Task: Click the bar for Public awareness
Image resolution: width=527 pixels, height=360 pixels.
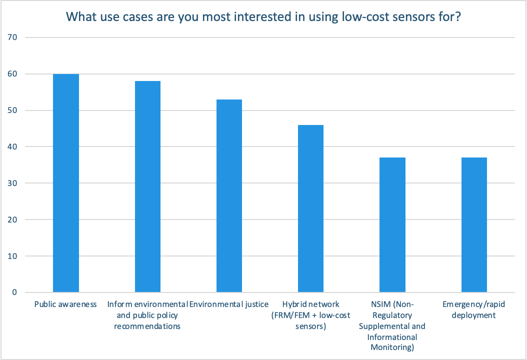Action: (66, 183)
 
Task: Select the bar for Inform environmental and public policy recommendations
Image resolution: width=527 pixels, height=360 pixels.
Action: (147, 186)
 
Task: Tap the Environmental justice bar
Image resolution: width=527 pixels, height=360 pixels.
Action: (229, 195)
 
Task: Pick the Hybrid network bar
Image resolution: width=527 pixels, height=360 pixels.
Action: (310, 208)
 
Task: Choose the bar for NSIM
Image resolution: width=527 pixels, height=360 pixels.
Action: (392, 225)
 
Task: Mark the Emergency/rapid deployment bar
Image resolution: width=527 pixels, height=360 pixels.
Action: (474, 225)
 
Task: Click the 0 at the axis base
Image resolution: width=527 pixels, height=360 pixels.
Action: (15, 292)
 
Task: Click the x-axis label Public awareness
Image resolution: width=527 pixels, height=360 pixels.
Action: (65, 304)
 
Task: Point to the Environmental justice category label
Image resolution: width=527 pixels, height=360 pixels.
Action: (229, 304)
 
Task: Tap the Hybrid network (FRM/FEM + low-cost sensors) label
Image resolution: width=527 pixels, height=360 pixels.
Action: (310, 315)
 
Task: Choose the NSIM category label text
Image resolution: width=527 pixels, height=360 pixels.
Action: (392, 326)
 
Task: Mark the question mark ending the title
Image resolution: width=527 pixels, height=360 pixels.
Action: (457, 16)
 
